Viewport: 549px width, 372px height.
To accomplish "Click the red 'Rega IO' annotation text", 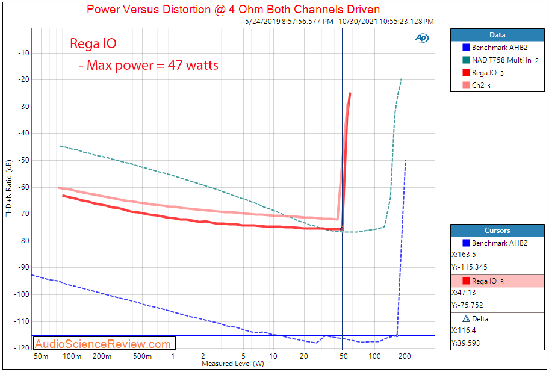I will [93, 43].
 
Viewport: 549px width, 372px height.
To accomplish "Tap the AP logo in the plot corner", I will [421, 38].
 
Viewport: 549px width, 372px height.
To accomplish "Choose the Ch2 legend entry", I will [478, 85].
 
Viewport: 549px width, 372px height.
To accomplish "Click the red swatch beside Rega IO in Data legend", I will [466, 73].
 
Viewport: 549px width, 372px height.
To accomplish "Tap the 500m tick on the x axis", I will [142, 356].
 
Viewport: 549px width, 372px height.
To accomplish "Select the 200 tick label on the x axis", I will [405, 356].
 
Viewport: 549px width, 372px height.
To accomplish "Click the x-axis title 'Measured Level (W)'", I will [232, 364].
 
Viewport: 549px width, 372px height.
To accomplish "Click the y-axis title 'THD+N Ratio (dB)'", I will [8, 189].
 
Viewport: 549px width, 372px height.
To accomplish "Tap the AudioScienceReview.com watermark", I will [103, 344].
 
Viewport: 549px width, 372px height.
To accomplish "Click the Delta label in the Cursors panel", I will [480, 318].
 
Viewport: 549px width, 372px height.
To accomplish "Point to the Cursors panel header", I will [497, 230].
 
